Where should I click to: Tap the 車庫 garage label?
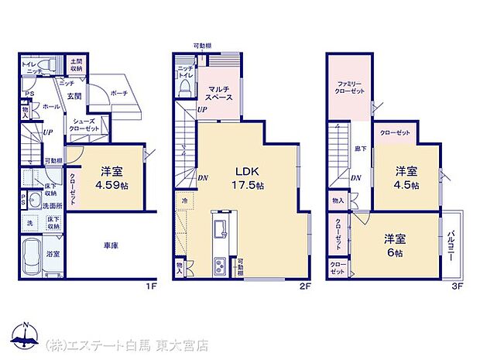pos(110,246)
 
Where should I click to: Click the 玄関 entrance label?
pos(73,96)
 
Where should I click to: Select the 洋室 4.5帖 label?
pos(406,177)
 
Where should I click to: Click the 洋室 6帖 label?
pos(394,246)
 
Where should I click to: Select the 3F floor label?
pos(456,286)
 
